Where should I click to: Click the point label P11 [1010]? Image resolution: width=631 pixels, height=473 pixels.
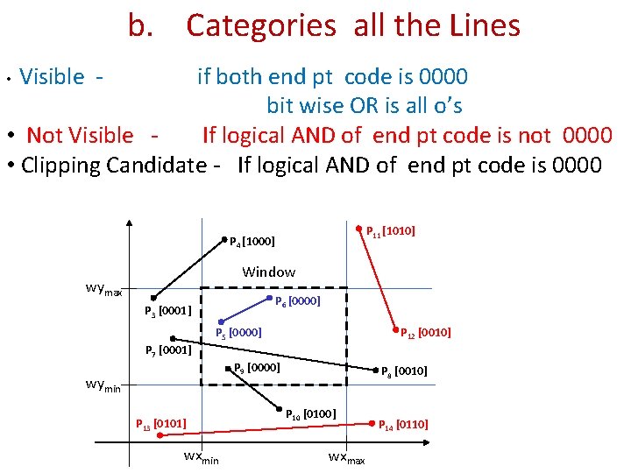[x=390, y=231]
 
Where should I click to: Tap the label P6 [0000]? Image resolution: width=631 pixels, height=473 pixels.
[x=297, y=301]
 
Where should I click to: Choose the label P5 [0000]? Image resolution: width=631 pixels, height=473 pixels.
[x=239, y=333]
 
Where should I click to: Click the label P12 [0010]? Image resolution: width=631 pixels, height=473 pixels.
[x=425, y=333]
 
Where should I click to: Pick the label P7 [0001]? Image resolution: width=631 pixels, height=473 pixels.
[x=167, y=350]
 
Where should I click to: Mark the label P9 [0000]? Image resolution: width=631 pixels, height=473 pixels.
[x=257, y=367]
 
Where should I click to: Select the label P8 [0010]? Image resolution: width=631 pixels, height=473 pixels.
[x=403, y=371]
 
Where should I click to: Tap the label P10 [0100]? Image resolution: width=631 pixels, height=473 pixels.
[x=311, y=413]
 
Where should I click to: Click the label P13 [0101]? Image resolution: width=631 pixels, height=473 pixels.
[x=160, y=425]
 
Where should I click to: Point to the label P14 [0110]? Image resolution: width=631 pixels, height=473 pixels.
[x=403, y=425]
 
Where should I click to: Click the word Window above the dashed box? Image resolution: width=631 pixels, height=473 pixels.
[x=268, y=272]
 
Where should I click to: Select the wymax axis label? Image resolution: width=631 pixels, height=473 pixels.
[x=103, y=289]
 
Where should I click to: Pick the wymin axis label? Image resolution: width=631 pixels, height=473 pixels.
[x=103, y=384]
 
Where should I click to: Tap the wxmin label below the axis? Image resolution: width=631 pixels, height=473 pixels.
[x=201, y=457]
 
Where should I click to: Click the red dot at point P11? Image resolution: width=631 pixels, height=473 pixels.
[x=359, y=225]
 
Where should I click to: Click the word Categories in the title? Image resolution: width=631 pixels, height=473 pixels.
[x=260, y=26]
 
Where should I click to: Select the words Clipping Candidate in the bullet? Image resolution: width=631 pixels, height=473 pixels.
[x=113, y=164]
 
